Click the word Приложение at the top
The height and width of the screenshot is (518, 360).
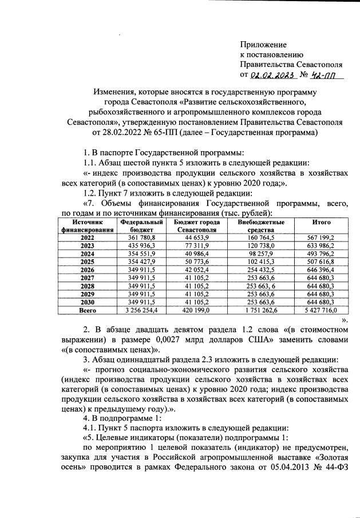tap(263, 44)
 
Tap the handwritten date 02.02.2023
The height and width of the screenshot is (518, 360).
tap(273, 75)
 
